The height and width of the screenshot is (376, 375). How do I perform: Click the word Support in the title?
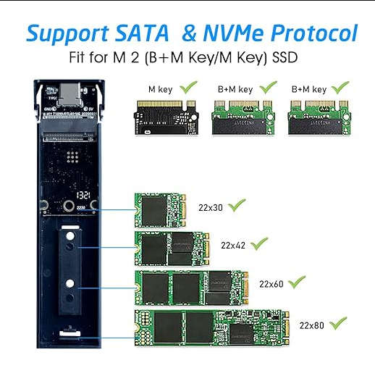point(67,33)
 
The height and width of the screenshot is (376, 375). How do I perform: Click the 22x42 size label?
point(235,245)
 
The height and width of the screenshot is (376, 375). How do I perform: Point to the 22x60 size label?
point(271,284)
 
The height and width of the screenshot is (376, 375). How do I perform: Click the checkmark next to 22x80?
point(339,322)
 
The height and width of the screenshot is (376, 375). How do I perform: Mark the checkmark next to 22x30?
point(237,206)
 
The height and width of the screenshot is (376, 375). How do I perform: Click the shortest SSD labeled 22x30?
point(161,210)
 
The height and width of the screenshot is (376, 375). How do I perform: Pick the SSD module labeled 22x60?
point(192,287)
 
